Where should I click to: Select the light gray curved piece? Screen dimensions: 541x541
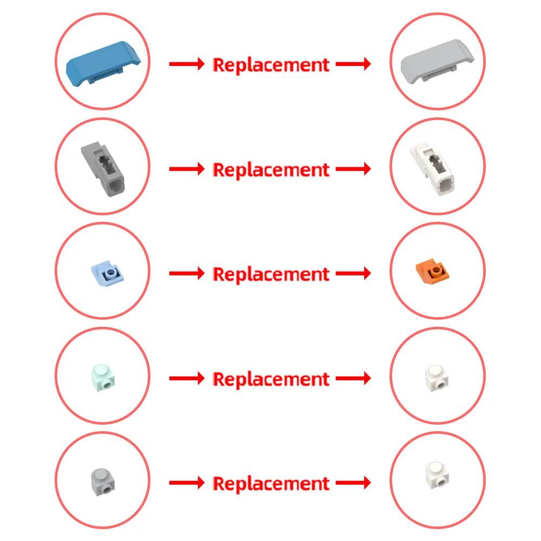[x=437, y=62]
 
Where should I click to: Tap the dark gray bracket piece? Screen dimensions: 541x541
[x=103, y=169]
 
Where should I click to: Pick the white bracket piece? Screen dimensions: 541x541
[x=432, y=169]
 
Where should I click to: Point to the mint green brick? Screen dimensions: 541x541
[x=103, y=378]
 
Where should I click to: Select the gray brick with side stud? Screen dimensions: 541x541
[x=103, y=483]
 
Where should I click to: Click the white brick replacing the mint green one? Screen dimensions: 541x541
[x=437, y=378]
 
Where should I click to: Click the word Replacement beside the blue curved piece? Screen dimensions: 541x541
[x=271, y=65]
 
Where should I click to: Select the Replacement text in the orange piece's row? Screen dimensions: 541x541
[x=271, y=274]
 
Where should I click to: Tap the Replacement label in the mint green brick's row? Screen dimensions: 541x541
[x=271, y=379]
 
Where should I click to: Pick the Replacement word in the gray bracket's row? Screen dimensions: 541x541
[x=271, y=170]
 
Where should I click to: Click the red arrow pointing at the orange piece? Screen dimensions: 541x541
[x=353, y=274]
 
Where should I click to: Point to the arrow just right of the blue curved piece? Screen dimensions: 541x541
[x=187, y=64]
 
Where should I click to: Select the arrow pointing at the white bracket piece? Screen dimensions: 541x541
[x=353, y=169]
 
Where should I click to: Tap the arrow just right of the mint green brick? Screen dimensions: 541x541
[x=187, y=379]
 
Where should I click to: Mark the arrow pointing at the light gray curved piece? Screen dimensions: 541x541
[x=353, y=64]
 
